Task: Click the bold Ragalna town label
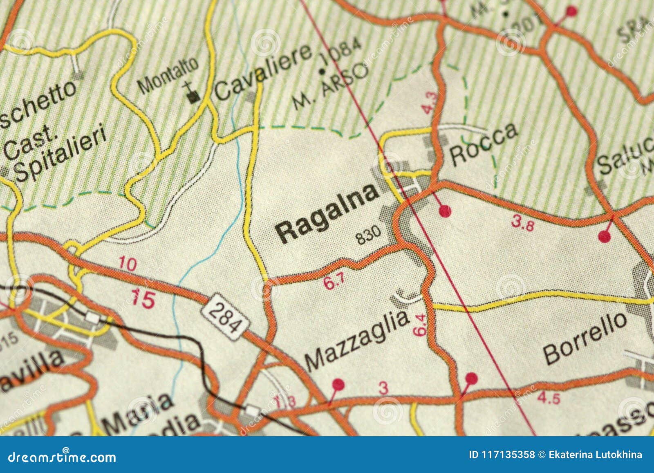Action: pyautogui.click(x=327, y=214)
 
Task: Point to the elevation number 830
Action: pyautogui.click(x=368, y=235)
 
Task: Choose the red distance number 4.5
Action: pyautogui.click(x=549, y=397)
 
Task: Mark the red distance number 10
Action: pyautogui.click(x=128, y=264)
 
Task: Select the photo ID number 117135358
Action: pyautogui.click(x=501, y=455)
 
